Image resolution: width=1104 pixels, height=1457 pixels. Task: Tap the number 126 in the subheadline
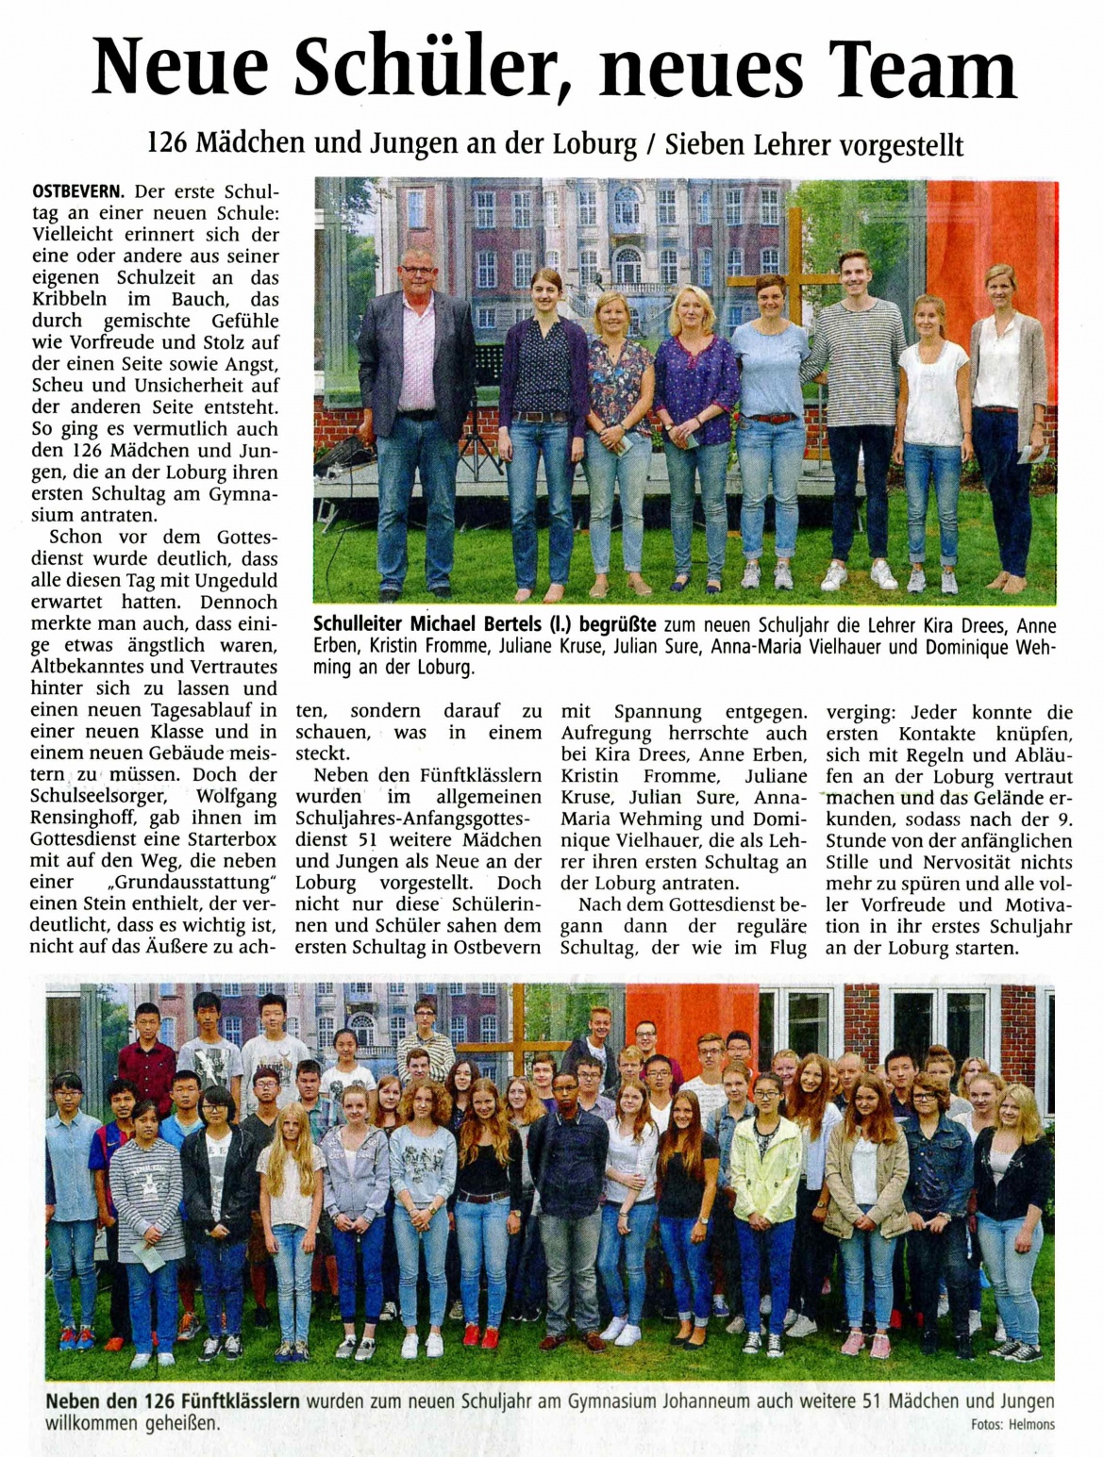[168, 144]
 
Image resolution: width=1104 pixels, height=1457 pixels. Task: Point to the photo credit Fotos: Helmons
[1012, 1424]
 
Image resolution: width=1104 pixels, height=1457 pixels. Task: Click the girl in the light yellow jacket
[764, 1169]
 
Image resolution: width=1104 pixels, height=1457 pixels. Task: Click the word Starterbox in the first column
[230, 839]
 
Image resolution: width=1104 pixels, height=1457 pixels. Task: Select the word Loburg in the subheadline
[596, 144]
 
